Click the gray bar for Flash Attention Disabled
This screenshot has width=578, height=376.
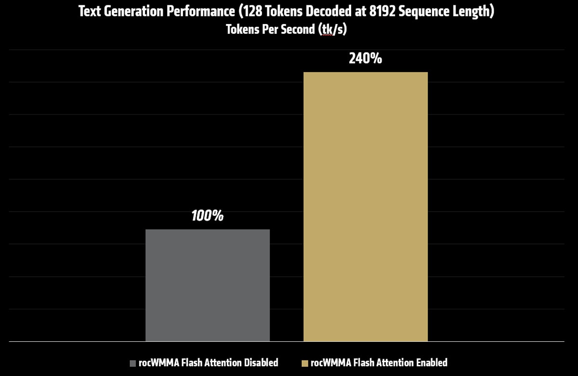[208, 285]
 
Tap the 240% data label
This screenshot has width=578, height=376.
[366, 59]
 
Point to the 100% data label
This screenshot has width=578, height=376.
[208, 216]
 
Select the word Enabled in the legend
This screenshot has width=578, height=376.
[430, 363]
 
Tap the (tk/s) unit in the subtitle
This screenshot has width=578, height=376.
[333, 29]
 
